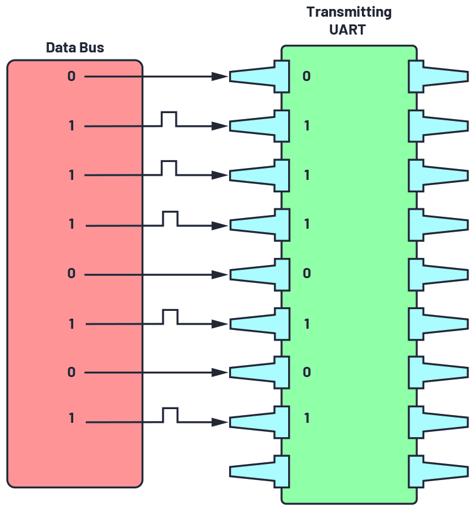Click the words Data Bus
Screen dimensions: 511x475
point(74,48)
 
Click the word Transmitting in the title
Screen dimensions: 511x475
point(349,12)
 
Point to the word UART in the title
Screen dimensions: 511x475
point(349,29)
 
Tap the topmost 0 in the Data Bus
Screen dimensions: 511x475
point(71,76)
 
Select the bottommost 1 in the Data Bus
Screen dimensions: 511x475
point(71,418)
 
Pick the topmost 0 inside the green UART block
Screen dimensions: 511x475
point(307,76)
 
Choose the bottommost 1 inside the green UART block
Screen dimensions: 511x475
point(307,418)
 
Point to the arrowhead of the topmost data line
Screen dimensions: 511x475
point(221,76)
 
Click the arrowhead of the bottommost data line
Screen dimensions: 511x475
point(221,422)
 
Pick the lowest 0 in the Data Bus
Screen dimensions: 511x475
point(71,372)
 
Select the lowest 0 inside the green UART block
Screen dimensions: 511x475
point(307,372)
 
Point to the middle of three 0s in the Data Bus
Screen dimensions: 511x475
point(71,274)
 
